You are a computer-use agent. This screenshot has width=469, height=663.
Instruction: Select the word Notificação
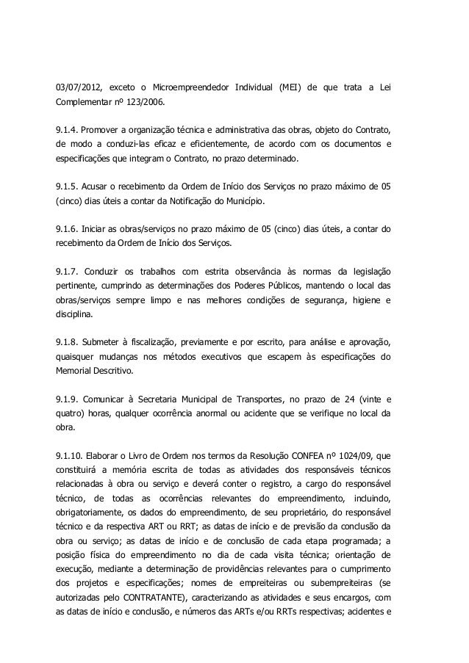click(x=193, y=200)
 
